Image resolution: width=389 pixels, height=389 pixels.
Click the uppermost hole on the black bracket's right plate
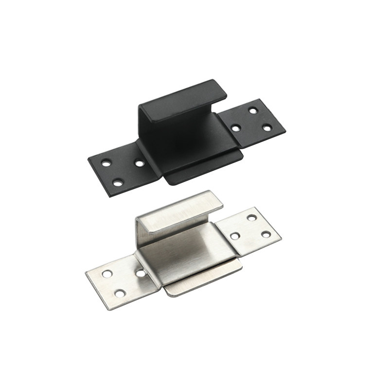coord(253,110)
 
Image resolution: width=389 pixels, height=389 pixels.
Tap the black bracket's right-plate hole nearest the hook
coord(236,128)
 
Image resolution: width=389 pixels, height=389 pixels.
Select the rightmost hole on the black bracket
coord(266,127)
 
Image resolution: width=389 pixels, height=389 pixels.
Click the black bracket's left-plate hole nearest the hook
coord(140,163)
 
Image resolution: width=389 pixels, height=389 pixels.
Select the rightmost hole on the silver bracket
coord(265,234)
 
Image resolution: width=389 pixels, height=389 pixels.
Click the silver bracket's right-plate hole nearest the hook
coord(235,236)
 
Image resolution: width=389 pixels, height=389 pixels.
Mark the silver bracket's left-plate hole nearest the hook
coord(141,274)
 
